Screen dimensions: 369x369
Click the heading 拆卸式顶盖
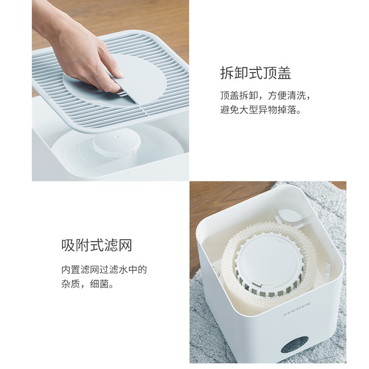[256, 73]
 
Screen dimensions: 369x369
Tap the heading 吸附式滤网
[97, 245]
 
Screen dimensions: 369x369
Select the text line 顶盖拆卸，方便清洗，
[266, 95]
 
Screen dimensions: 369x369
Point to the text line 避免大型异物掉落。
[261, 110]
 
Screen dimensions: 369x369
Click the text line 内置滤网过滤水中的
[104, 270]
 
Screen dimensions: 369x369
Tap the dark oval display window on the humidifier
[294, 344]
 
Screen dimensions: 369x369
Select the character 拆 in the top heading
[227, 73]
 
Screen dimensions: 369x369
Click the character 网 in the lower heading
[125, 245]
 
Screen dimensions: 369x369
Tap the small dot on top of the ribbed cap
[116, 136]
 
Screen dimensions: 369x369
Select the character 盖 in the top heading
[284, 73]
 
